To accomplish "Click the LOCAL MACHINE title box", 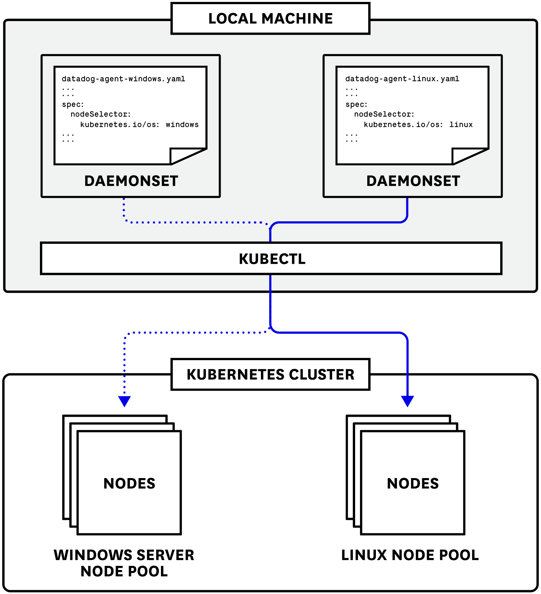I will pos(270,19).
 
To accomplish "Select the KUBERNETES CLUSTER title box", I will pos(270,375).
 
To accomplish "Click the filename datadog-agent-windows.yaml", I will pos(123,79).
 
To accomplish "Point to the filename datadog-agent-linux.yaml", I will pos(402,79).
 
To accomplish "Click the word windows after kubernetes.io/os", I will pos(182,125).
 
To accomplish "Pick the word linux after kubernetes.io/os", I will pos(461,125).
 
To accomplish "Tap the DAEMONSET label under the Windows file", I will pos(131,181).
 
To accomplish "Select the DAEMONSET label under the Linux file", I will pos(413,181).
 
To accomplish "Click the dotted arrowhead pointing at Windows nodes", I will pos(125,401).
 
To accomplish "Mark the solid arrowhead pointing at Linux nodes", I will pos(408,401).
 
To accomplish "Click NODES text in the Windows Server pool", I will pos(129,484).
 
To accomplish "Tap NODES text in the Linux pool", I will pos(413,484).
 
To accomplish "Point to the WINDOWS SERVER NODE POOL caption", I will pos(124,563).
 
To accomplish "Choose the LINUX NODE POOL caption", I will pos(410,555).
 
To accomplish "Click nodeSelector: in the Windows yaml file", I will pos(101,114).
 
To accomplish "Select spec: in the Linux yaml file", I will pos(356,104).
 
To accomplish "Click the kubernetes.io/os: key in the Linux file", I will pos(403,125).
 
